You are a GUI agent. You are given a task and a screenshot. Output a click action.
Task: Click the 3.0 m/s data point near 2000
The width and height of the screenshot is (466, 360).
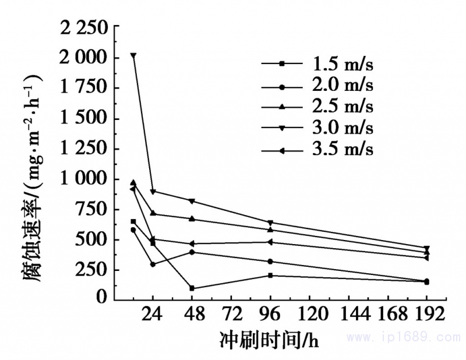coord(133,55)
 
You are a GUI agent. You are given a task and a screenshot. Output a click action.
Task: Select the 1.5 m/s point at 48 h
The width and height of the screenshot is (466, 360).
coord(192,288)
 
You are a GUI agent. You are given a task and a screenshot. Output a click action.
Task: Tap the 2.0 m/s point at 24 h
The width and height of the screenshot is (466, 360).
coord(153,264)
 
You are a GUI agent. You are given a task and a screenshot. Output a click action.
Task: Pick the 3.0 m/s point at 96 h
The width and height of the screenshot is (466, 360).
coord(270,222)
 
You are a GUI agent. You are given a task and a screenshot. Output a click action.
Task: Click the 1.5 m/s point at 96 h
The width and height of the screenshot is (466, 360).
coord(270,275)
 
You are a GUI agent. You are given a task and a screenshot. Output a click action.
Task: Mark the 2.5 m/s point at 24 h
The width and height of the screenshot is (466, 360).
coord(153,213)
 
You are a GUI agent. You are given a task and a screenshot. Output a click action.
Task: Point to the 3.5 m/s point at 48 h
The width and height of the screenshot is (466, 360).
coord(192,243)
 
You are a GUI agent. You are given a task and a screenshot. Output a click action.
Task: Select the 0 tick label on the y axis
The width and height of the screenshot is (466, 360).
coord(103,298)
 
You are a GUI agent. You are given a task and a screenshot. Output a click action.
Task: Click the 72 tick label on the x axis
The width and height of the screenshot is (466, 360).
coord(231,315)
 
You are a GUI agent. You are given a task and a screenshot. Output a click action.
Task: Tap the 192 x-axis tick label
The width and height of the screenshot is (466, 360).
coord(426,315)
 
